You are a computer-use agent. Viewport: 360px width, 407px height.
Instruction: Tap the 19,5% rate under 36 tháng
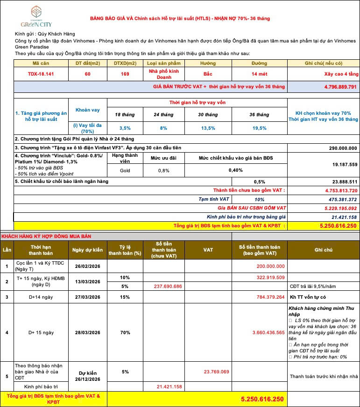[x=259, y=128]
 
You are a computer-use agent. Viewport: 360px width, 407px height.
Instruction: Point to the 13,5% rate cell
[x=208, y=128]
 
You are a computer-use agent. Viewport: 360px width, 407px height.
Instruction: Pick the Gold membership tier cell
[x=125, y=170]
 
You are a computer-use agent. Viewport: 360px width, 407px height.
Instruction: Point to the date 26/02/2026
[x=87, y=267]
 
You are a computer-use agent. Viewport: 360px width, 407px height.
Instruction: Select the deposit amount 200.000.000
[x=270, y=267]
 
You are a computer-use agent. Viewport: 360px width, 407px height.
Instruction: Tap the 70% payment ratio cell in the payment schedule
[x=125, y=333]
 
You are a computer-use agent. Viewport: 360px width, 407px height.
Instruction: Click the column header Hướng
[x=208, y=63]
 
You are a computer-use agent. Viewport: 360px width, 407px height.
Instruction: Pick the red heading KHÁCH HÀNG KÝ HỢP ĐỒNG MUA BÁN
[x=40, y=237]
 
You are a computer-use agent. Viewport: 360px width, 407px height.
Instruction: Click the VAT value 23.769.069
[x=216, y=372]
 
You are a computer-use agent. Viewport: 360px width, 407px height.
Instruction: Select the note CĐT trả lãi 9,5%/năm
[x=311, y=286]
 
